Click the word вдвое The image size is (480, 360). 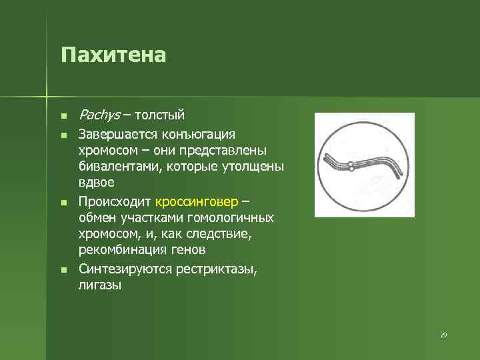tap(97, 181)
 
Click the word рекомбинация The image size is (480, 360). tap(121, 249)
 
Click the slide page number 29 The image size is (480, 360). tap(443, 335)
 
